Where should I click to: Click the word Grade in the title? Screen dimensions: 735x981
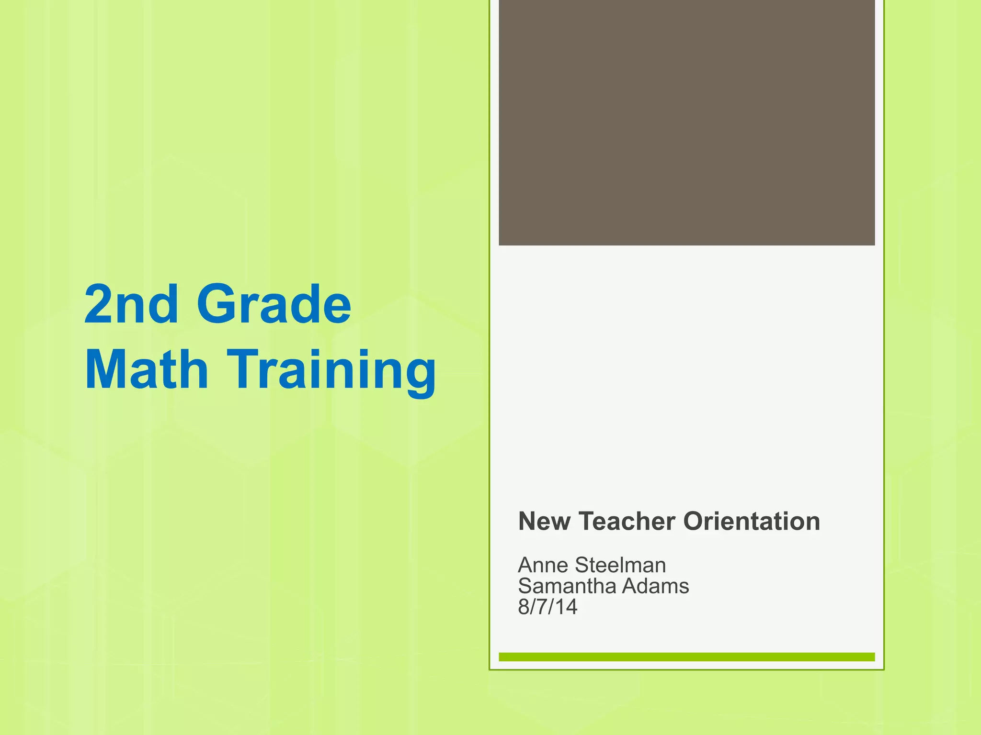[274, 304]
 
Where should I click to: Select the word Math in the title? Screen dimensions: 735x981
[147, 369]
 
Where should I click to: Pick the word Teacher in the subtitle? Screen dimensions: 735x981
[627, 521]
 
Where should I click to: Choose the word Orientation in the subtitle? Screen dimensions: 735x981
[752, 521]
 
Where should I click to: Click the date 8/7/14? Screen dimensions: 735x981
[548, 607]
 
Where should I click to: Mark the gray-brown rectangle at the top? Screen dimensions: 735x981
[687, 122]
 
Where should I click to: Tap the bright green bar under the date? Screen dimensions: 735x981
[687, 657]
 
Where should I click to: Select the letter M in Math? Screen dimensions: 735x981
[105, 369]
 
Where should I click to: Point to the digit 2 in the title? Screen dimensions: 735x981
[98, 304]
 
